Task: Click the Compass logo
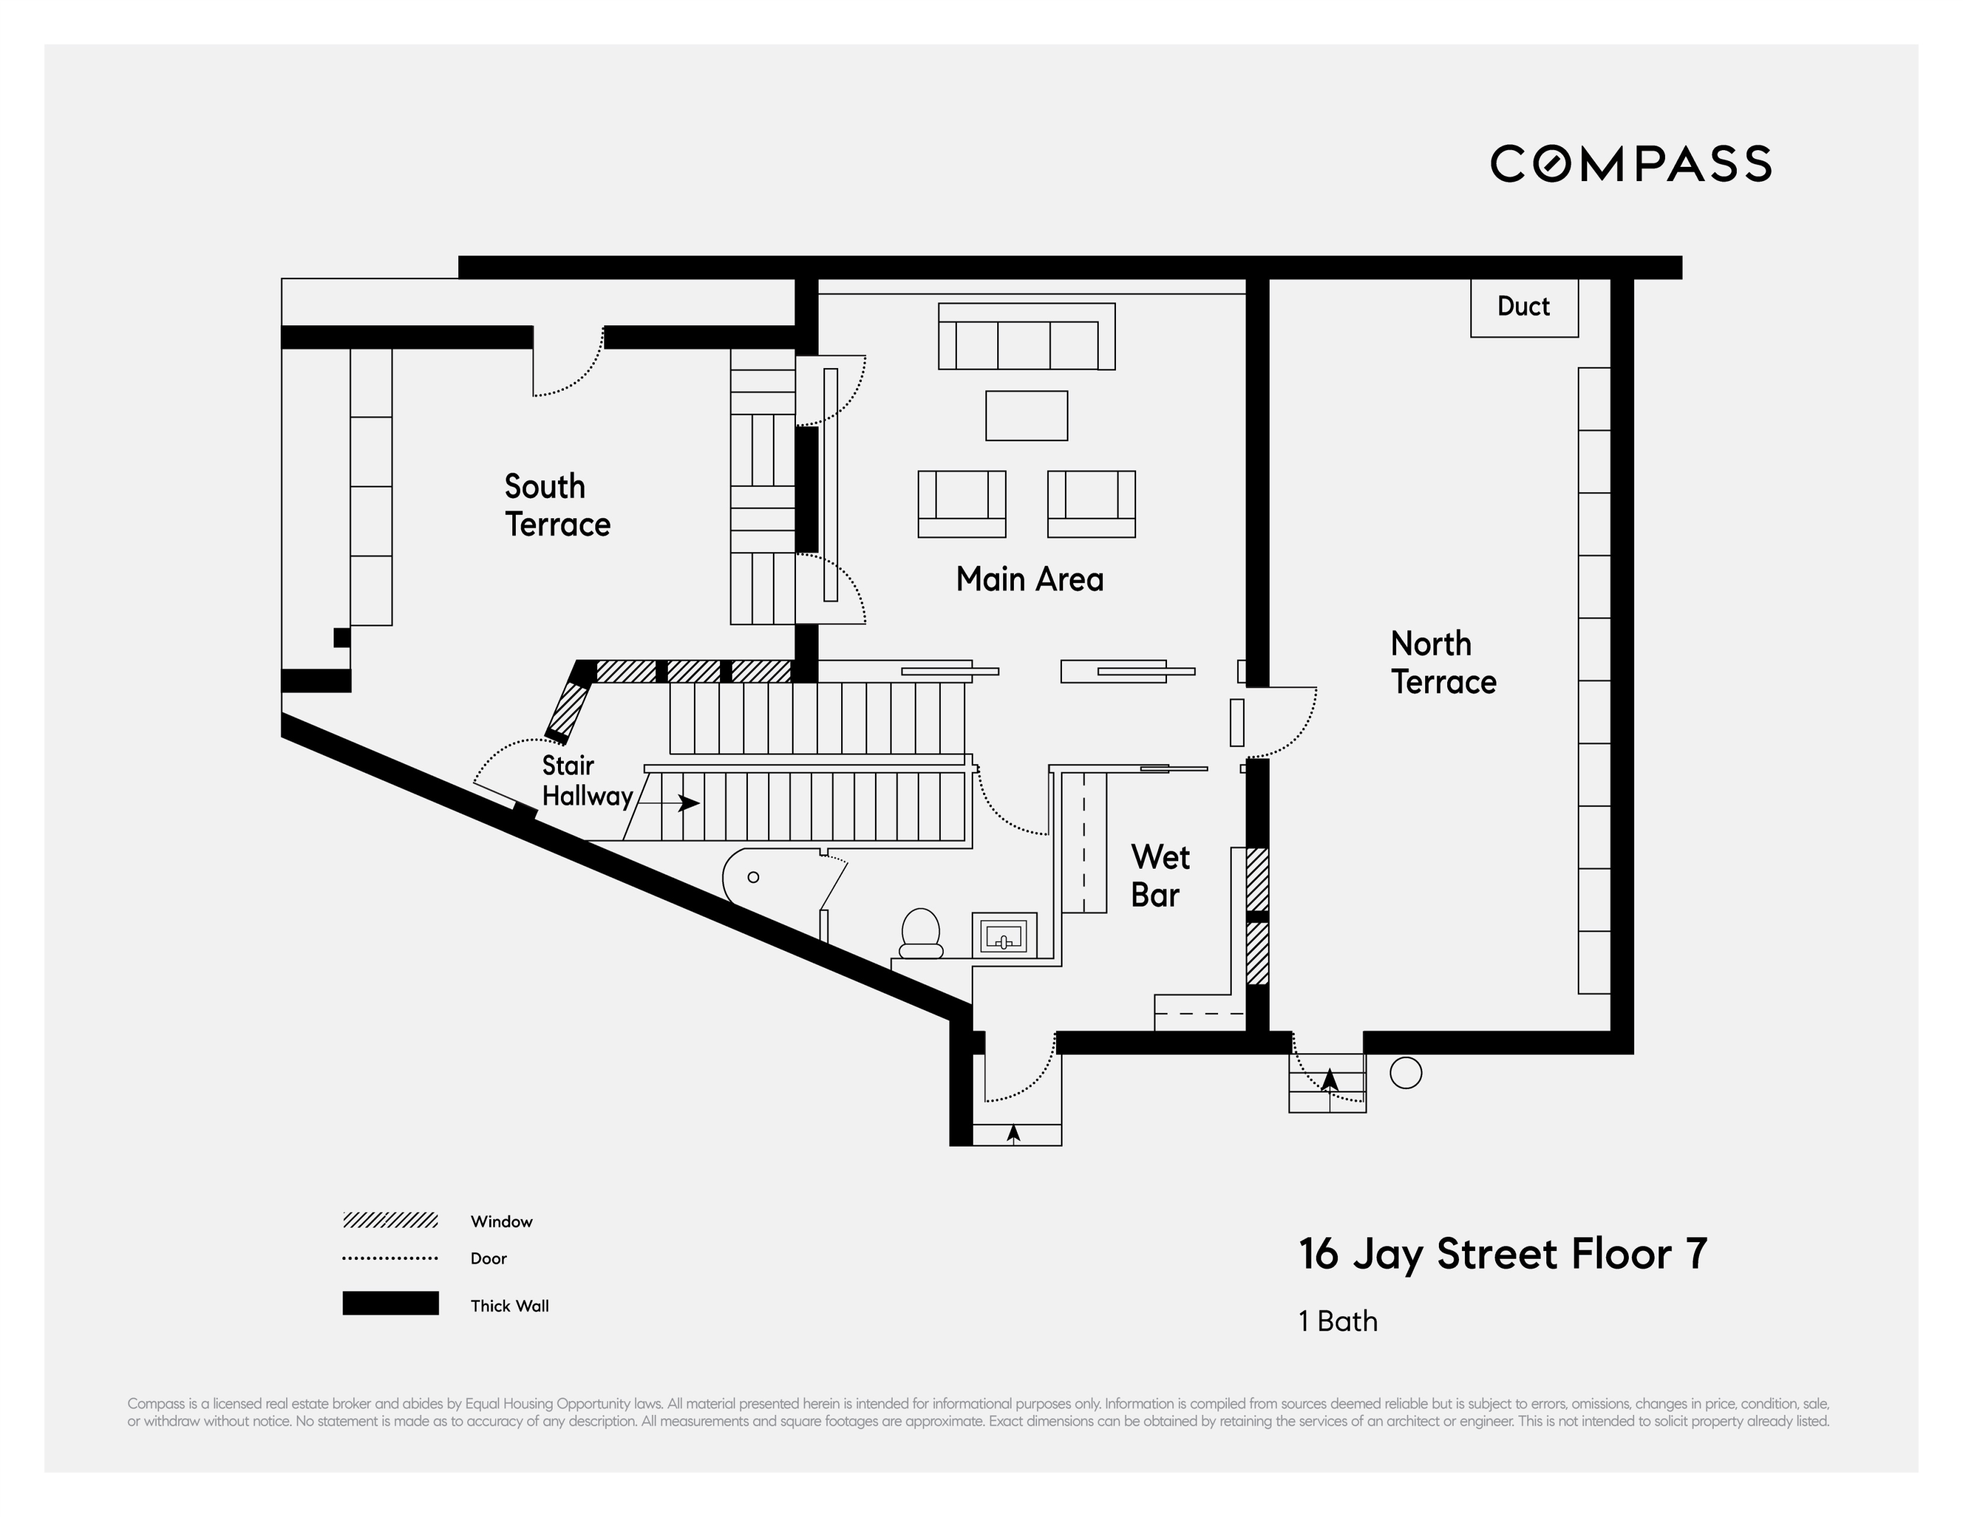(x=1631, y=164)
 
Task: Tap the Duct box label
(x=1524, y=306)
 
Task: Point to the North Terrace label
(x=1442, y=663)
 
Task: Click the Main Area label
(x=1029, y=580)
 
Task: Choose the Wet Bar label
(x=1159, y=876)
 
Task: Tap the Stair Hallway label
(x=587, y=781)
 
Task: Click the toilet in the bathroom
(x=921, y=934)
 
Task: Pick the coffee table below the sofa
(x=1026, y=415)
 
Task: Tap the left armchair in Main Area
(x=962, y=503)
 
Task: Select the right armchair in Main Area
(x=1091, y=503)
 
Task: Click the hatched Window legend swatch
(x=390, y=1220)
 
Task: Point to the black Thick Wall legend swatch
(x=390, y=1303)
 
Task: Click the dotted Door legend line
(x=390, y=1258)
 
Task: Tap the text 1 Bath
(x=1337, y=1321)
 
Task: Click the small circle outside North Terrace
(x=1406, y=1073)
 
